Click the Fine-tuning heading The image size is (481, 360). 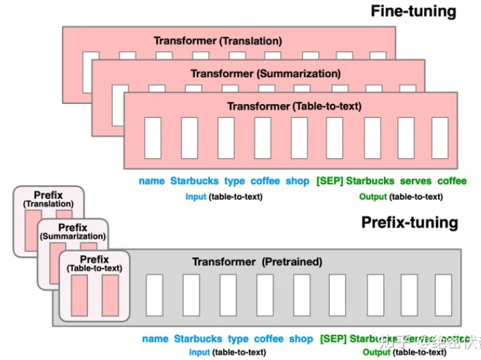pos(413,11)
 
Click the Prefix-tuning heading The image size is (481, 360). pos(410,222)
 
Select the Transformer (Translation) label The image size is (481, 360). pos(217,41)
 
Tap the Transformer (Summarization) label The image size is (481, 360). pos(260,73)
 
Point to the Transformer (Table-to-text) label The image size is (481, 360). pos(294,106)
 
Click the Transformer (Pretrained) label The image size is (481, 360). pos(256,262)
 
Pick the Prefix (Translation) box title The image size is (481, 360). pos(48,199)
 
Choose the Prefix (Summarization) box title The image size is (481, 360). pos(72,232)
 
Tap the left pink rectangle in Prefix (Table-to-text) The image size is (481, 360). pos(78,296)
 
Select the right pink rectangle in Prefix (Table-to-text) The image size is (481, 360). pos(110,296)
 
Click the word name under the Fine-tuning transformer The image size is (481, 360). pos(151,181)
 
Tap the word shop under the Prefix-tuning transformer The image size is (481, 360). pos(301,339)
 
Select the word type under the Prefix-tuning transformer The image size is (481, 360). pos(238,339)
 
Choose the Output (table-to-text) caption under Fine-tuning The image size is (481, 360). pos(400,196)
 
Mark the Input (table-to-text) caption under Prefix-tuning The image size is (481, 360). pos(227,352)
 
